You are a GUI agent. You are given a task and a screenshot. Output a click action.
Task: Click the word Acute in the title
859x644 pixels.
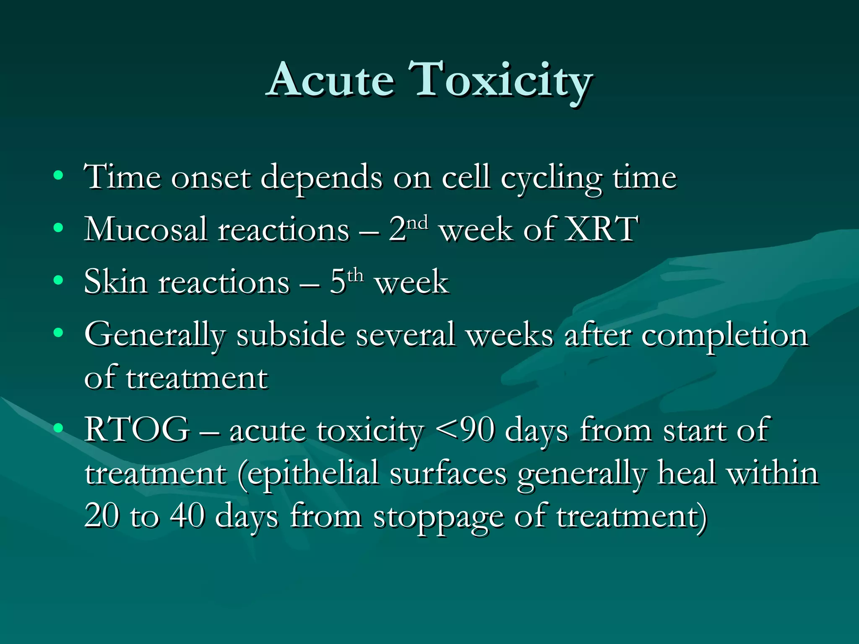coord(331,80)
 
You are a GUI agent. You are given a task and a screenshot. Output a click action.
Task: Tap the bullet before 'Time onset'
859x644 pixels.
coord(59,175)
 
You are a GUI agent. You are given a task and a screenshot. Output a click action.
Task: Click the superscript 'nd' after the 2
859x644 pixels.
coord(418,222)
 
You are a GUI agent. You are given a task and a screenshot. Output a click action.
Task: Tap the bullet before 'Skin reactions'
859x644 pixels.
coord(59,280)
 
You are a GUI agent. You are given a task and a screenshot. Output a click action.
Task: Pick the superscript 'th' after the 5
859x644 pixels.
coord(355,275)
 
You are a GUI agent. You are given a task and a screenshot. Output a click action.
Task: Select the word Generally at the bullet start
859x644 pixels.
coord(155,335)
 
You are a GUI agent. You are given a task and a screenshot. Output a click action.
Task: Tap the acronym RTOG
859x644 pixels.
coord(137,429)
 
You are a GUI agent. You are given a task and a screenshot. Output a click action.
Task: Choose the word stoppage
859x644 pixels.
coord(438,518)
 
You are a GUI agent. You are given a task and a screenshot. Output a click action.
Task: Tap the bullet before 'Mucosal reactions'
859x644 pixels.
coord(59,228)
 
